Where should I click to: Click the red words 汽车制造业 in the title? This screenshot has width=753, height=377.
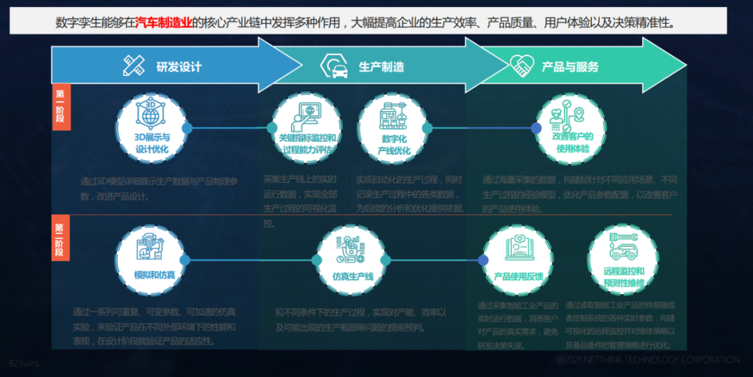coord(164,22)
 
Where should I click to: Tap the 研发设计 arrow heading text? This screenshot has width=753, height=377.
coord(178,67)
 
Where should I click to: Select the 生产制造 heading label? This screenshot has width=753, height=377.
coord(381,67)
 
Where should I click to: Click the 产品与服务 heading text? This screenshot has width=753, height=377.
coord(570,67)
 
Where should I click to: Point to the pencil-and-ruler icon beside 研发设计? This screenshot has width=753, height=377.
coord(133,66)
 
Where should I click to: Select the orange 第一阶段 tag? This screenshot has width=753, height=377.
coord(61,107)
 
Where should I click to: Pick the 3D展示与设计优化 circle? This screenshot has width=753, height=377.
coord(151,128)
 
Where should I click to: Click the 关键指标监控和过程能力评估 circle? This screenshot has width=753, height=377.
coord(307,129)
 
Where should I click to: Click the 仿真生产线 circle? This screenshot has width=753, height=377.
coord(352,261)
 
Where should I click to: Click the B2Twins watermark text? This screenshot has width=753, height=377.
coord(24,363)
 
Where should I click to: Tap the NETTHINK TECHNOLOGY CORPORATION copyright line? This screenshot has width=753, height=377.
coord(648,360)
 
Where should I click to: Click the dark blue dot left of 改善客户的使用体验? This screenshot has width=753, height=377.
coord(535,128)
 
